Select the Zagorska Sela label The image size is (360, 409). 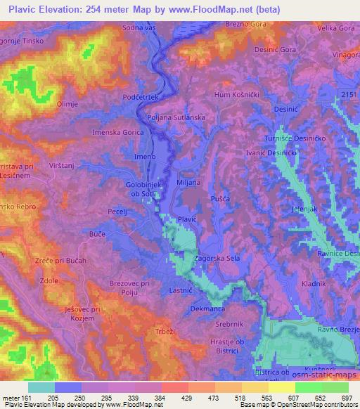pyautogui.click(x=217, y=259)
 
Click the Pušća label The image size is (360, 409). pyautogui.click(x=220, y=200)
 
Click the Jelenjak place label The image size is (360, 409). pyautogui.click(x=307, y=209)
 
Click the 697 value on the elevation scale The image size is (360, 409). pyautogui.click(x=346, y=397)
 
